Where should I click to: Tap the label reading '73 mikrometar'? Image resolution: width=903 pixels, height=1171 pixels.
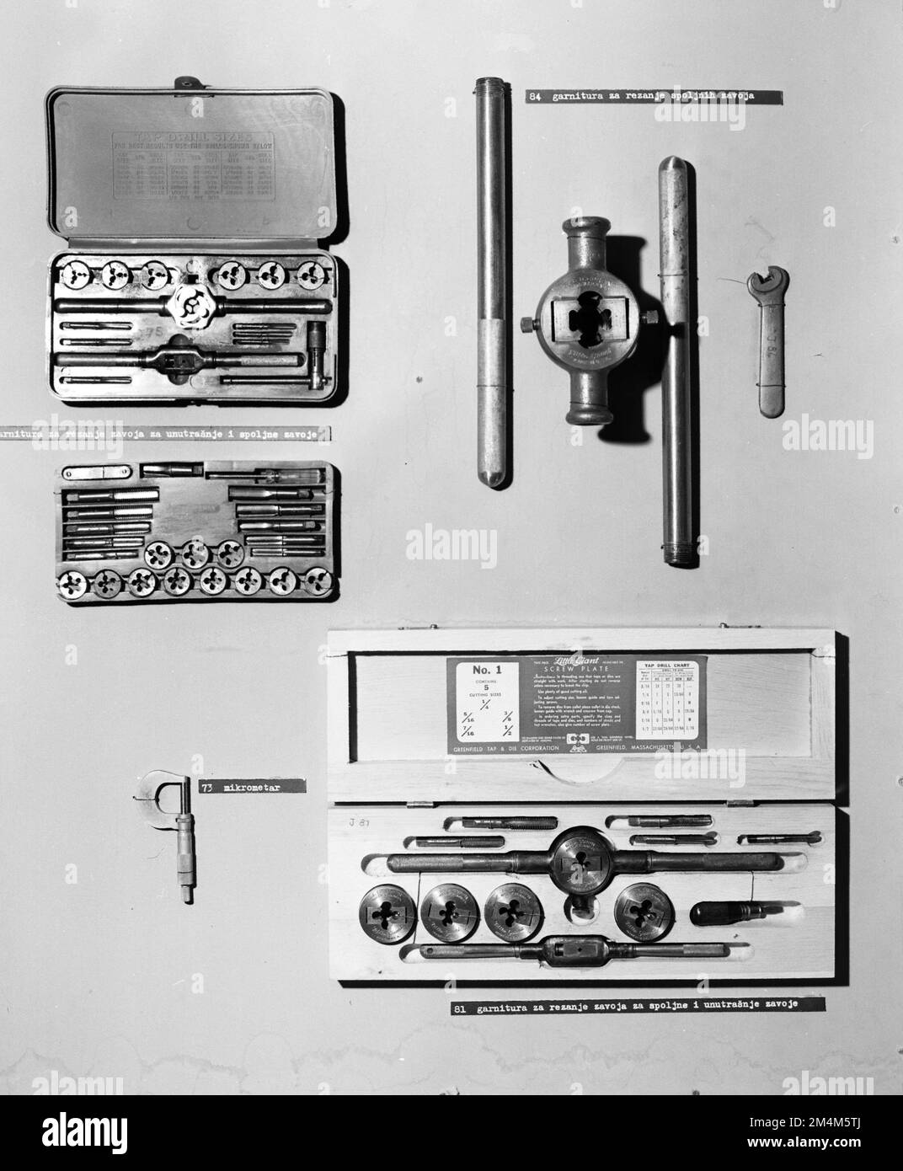pos(250,787)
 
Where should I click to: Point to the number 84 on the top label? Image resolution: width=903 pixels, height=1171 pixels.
pos(534,97)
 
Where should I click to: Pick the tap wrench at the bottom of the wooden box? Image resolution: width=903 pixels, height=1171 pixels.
pos(573,953)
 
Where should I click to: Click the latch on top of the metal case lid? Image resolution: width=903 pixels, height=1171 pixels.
pos(184,83)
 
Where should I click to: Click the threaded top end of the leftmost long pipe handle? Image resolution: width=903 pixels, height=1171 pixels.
pos(488,86)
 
